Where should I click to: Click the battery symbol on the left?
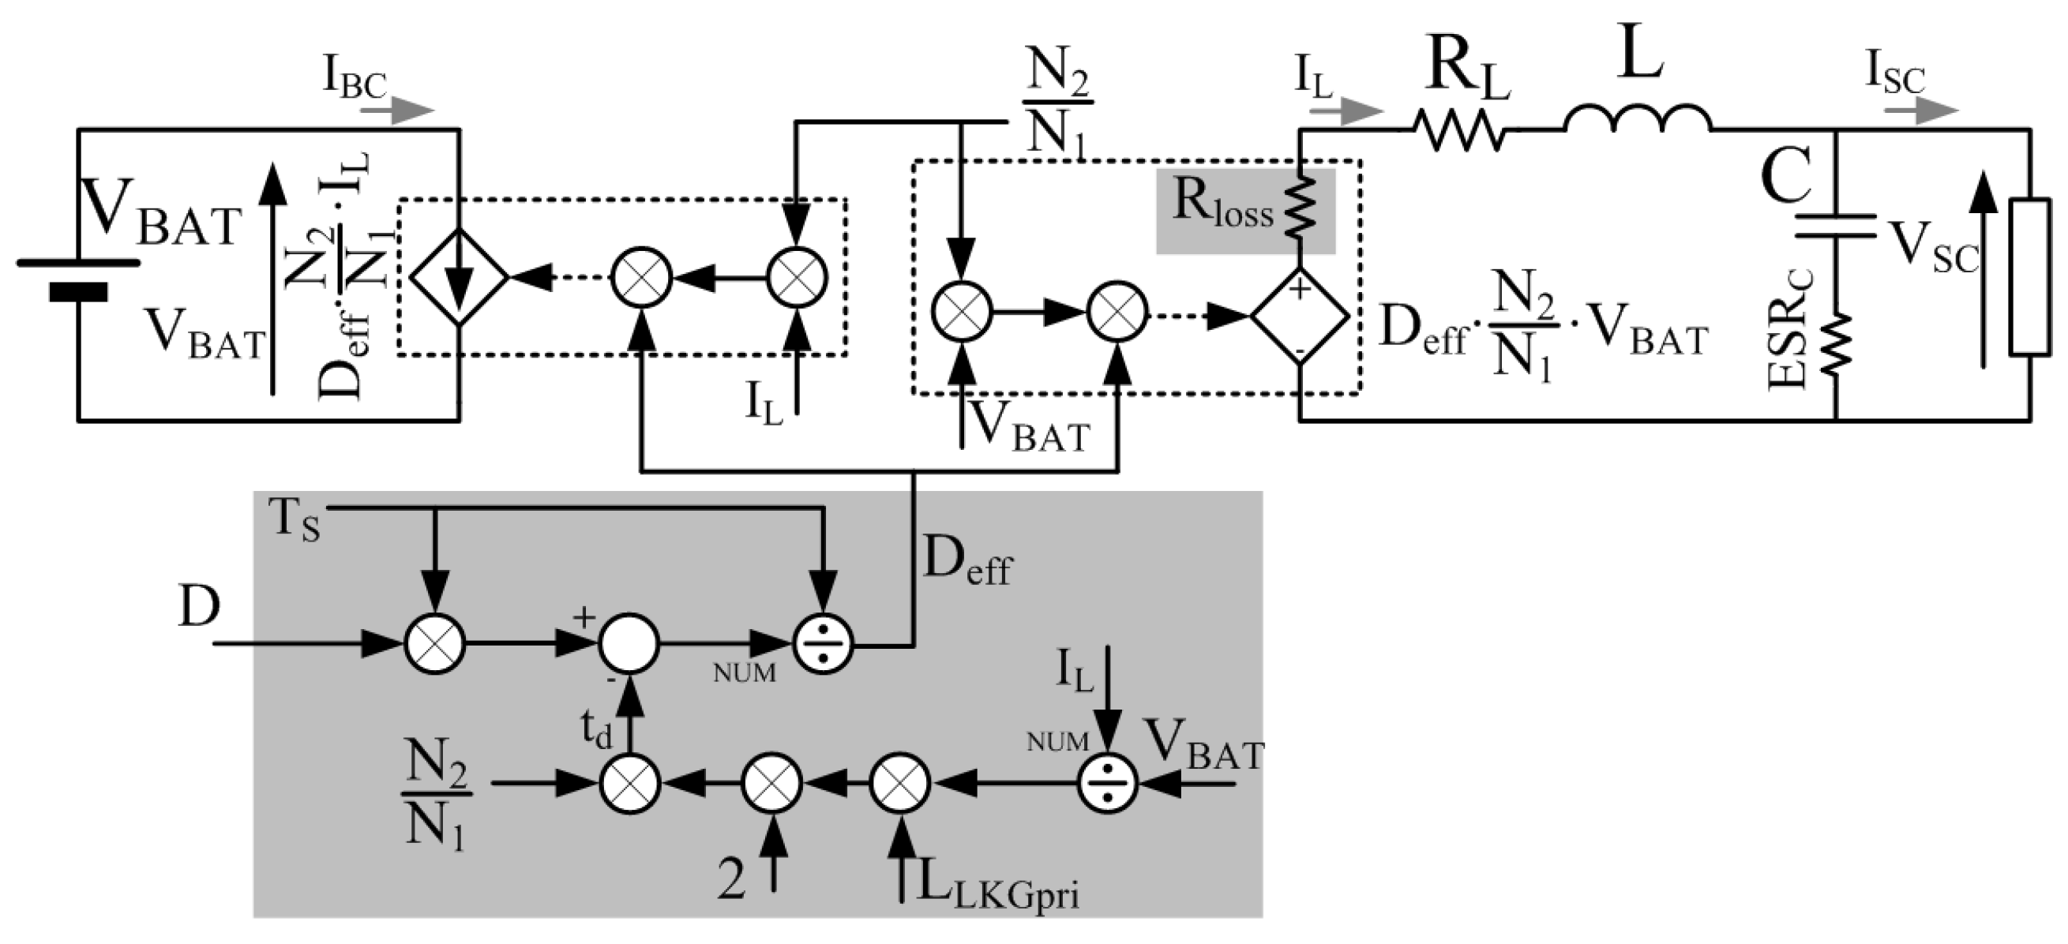pos(78,277)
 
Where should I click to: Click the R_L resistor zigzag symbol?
pos(1458,129)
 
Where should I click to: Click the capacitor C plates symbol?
pos(1836,226)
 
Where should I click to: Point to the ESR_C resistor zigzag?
pos(1836,343)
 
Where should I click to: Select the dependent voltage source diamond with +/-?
pos(1300,316)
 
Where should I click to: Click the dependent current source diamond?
pos(459,277)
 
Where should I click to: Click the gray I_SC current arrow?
pos(1921,110)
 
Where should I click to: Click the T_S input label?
pos(295,521)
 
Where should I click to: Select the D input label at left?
pos(198,607)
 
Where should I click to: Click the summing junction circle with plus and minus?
pos(629,643)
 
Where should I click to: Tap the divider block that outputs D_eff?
pos(823,643)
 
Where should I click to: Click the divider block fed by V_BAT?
pos(1108,783)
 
